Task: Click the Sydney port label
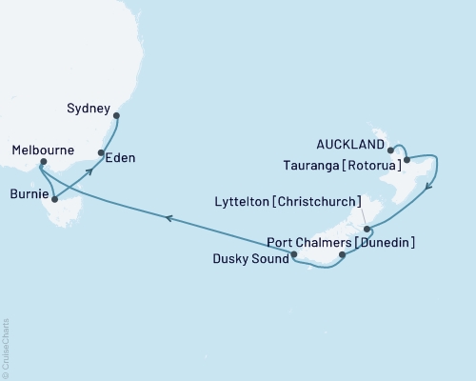pyautogui.click(x=90, y=108)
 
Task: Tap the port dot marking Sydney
pyautogui.click(x=117, y=117)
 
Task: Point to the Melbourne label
pyautogui.click(x=44, y=150)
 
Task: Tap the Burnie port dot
pyautogui.click(x=54, y=200)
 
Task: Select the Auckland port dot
pyautogui.click(x=391, y=150)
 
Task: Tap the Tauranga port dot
pyautogui.click(x=407, y=160)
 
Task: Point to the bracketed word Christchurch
pyautogui.click(x=328, y=202)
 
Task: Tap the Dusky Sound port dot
pyautogui.click(x=294, y=254)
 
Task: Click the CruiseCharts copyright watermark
pyautogui.click(x=6, y=349)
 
